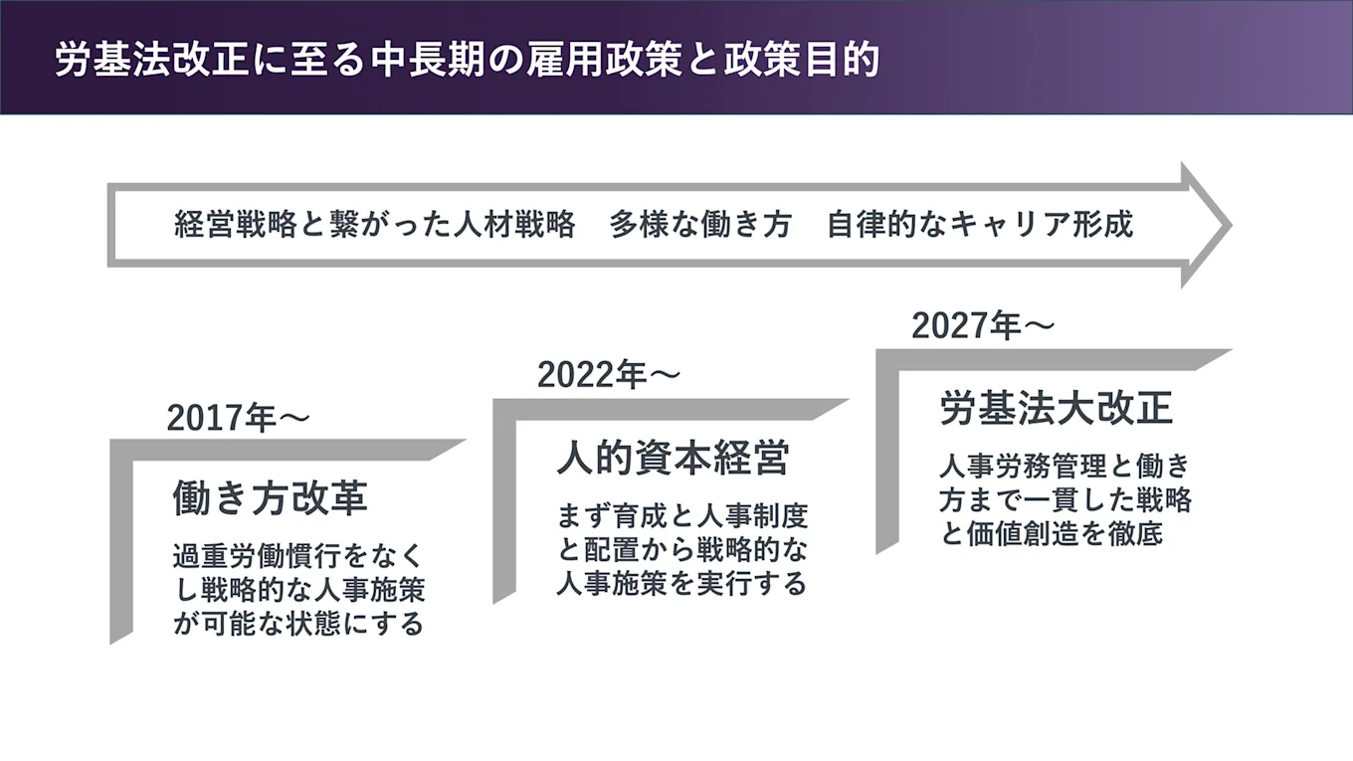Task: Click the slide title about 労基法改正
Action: coord(468,60)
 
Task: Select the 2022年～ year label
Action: coord(608,375)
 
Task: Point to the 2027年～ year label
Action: coord(982,325)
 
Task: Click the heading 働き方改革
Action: coord(270,497)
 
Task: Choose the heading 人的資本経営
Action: coord(674,459)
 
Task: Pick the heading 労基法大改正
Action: coord(1057,408)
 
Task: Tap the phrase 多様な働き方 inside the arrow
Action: coord(700,225)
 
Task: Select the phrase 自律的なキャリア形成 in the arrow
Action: coord(980,225)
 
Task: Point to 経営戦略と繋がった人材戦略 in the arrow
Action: coord(375,225)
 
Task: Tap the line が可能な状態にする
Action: coord(297,624)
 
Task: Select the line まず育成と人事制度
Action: coord(682,516)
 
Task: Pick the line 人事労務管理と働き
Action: coord(1064,466)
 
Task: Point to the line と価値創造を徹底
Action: coord(1051,533)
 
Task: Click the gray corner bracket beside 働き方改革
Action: coord(122,537)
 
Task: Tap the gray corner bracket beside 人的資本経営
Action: coord(505,497)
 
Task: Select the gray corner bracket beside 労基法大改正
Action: coord(888,448)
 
